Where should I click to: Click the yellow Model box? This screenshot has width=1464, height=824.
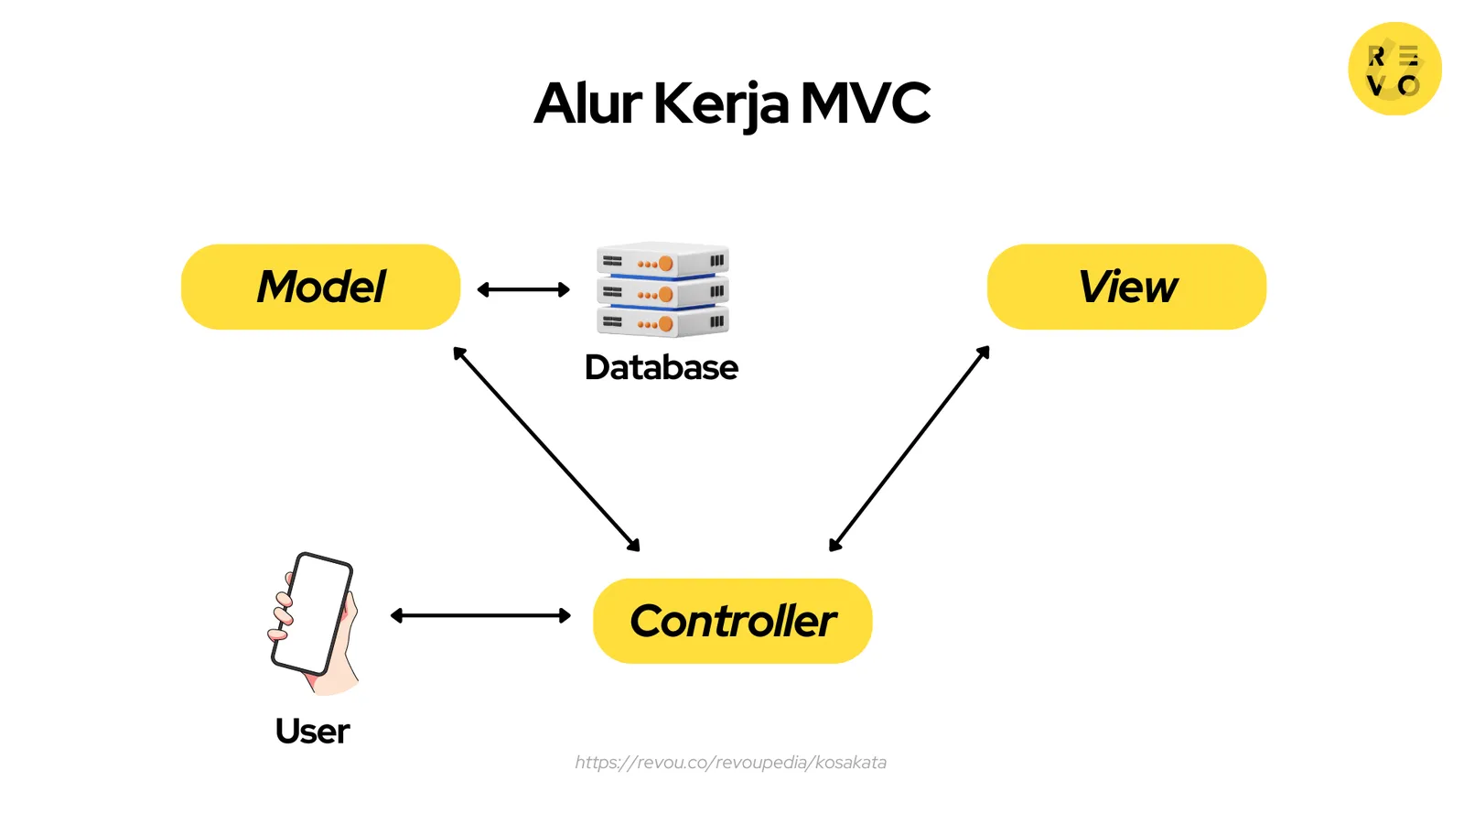[x=320, y=287]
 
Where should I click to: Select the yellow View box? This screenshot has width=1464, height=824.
[x=1126, y=287]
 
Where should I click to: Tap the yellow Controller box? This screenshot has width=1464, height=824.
[x=732, y=621]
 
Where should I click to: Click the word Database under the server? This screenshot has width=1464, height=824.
[x=661, y=367]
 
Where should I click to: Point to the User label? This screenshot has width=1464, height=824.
[x=312, y=731]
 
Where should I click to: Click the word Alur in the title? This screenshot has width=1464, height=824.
[x=588, y=103]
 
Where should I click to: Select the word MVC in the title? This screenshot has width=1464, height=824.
[x=866, y=103]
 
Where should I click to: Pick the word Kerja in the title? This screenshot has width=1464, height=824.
[x=720, y=103]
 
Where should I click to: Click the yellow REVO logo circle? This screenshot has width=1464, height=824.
[x=1394, y=69]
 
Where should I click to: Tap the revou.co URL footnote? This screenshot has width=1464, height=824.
[x=730, y=762]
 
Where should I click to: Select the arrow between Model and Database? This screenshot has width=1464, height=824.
[x=523, y=289]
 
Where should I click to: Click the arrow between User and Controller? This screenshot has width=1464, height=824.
[x=480, y=615]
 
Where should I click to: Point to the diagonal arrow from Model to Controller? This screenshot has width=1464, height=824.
[x=546, y=449]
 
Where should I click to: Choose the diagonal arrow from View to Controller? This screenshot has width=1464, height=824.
[x=909, y=449]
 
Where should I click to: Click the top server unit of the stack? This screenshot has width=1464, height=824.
[x=662, y=261]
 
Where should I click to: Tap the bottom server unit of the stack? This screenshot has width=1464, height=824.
[x=662, y=322]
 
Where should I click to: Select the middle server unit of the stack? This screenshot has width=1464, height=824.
[x=662, y=292]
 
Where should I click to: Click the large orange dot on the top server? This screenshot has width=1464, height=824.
[x=666, y=264]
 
